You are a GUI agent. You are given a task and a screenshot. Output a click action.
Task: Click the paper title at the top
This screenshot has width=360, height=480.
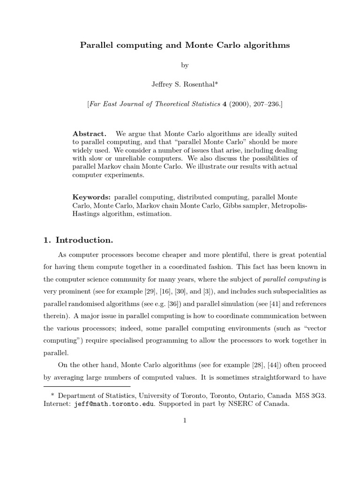pyautogui.click(x=185, y=45)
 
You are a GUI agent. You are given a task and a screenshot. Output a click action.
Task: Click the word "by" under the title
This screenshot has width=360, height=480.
pyautogui.click(x=185, y=66)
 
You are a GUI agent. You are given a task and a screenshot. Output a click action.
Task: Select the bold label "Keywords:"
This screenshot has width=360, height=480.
pyautogui.click(x=92, y=197)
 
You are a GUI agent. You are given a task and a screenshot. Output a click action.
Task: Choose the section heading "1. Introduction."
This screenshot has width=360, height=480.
pyautogui.click(x=78, y=240)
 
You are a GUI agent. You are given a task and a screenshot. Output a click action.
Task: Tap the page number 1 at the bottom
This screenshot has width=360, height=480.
pyautogui.click(x=185, y=420)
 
